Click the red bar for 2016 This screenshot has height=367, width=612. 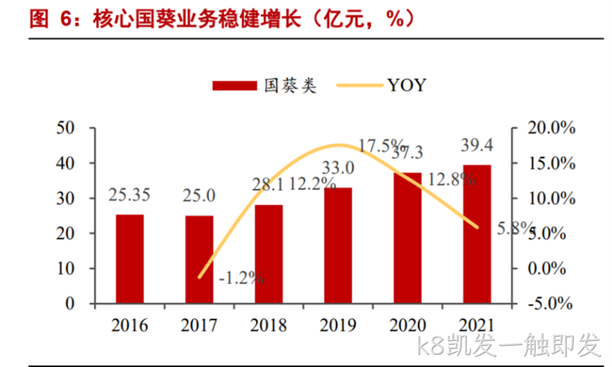(x=129, y=259)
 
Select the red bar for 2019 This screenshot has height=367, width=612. (x=338, y=245)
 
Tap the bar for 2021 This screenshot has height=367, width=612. (x=477, y=234)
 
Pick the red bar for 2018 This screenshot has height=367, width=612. (x=269, y=254)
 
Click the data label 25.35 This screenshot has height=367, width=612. (x=129, y=195)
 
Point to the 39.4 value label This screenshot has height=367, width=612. (x=477, y=145)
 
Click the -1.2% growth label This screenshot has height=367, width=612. (x=241, y=278)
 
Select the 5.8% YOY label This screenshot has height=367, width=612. (x=515, y=228)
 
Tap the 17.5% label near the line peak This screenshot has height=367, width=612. (x=381, y=145)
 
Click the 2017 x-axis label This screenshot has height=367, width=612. (x=199, y=325)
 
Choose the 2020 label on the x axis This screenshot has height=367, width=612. (x=408, y=325)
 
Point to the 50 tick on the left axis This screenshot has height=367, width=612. (x=65, y=128)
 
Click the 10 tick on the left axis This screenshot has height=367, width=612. (x=65, y=268)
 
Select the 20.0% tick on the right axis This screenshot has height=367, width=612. (x=551, y=127)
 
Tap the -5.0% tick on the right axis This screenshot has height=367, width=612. (x=550, y=303)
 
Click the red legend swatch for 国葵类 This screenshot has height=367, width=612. (x=235, y=86)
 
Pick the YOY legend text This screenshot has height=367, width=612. (x=407, y=85)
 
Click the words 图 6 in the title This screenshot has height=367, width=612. (x=51, y=18)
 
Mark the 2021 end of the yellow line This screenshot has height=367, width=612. (x=477, y=227)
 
